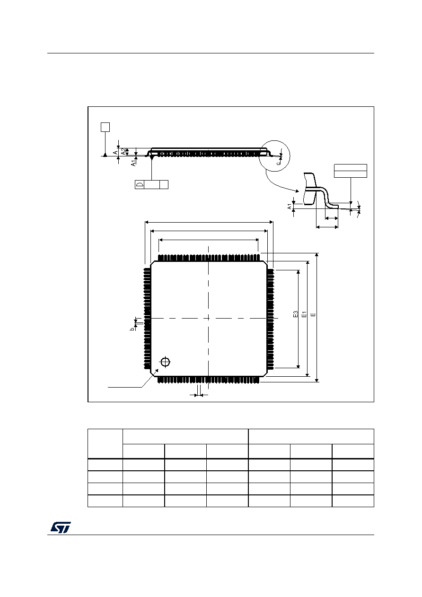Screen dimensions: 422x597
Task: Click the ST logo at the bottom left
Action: click(61, 527)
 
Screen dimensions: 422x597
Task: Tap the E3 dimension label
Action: click(295, 314)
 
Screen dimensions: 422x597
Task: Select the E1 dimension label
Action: click(304, 314)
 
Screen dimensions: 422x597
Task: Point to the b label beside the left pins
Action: click(132, 329)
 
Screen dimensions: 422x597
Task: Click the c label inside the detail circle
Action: click(279, 163)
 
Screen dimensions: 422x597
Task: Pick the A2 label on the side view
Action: click(123, 152)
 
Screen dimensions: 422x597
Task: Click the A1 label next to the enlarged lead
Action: click(290, 206)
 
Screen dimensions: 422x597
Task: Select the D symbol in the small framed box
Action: click(140, 184)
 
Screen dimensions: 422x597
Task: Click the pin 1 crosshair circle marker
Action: click(166, 362)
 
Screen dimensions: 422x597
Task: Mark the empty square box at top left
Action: click(105, 127)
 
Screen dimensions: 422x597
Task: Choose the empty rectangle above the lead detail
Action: click(351, 171)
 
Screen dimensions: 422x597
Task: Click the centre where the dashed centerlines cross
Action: click(208, 318)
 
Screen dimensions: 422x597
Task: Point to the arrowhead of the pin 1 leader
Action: click(157, 370)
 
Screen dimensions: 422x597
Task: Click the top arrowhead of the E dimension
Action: click(316, 255)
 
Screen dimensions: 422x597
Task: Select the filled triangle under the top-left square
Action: click(105, 155)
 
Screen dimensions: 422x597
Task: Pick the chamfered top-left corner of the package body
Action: click(153, 264)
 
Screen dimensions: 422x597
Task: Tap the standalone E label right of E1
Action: click(314, 314)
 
